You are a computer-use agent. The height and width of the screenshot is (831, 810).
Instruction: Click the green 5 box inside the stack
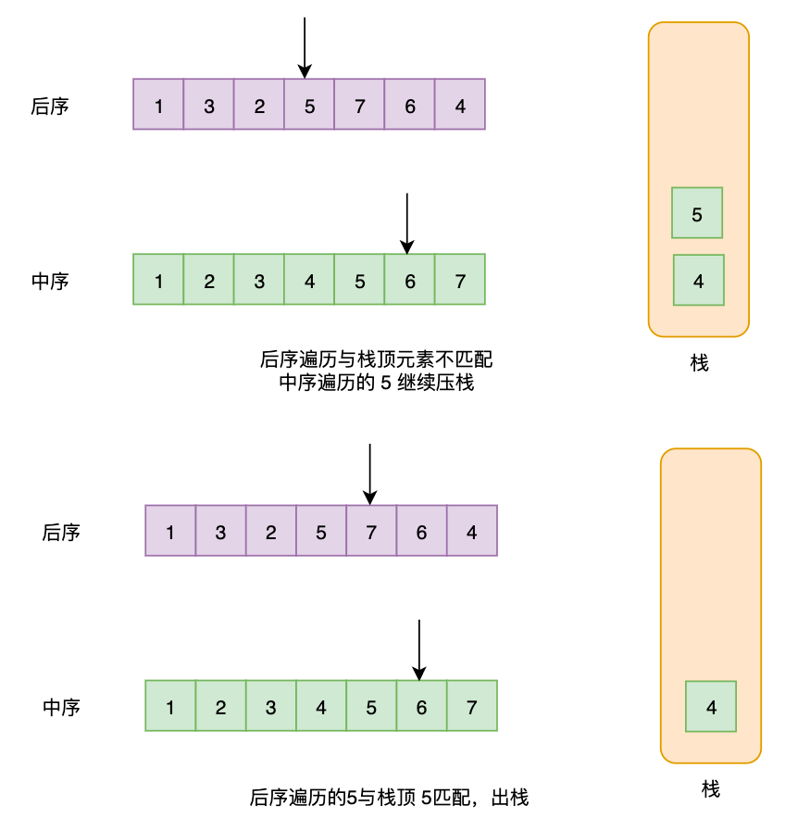[697, 213]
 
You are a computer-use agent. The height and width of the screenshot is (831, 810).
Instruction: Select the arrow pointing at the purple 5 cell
[305, 47]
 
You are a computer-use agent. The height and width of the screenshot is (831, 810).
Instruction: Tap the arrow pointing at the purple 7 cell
[369, 473]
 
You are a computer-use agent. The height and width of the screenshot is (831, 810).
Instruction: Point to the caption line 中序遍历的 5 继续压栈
[376, 383]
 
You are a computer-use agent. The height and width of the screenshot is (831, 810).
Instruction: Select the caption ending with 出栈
[389, 797]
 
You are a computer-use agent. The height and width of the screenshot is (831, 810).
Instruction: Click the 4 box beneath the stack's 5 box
[698, 281]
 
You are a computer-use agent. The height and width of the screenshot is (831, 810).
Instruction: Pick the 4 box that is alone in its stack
[711, 707]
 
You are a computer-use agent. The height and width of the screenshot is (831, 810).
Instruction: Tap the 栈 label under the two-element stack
[699, 364]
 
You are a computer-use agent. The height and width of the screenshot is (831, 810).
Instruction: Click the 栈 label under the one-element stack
[711, 789]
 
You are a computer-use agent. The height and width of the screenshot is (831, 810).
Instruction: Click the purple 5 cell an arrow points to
[309, 105]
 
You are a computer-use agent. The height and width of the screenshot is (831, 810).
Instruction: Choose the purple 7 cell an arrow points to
[371, 531]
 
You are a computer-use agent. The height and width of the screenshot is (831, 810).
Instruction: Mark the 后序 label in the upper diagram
[50, 106]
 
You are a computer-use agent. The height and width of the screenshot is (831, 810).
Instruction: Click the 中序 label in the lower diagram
[62, 707]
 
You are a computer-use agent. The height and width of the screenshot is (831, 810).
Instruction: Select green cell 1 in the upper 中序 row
[159, 280]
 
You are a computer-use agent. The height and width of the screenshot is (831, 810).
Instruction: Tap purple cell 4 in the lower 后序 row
[472, 531]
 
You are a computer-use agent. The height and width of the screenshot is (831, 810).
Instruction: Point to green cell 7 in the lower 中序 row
[472, 707]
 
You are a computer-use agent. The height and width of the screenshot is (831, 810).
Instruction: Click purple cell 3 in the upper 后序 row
[209, 105]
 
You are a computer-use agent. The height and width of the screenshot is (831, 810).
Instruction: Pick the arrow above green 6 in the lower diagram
[419, 649]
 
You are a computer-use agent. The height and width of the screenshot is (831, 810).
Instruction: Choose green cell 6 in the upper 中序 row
[410, 280]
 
